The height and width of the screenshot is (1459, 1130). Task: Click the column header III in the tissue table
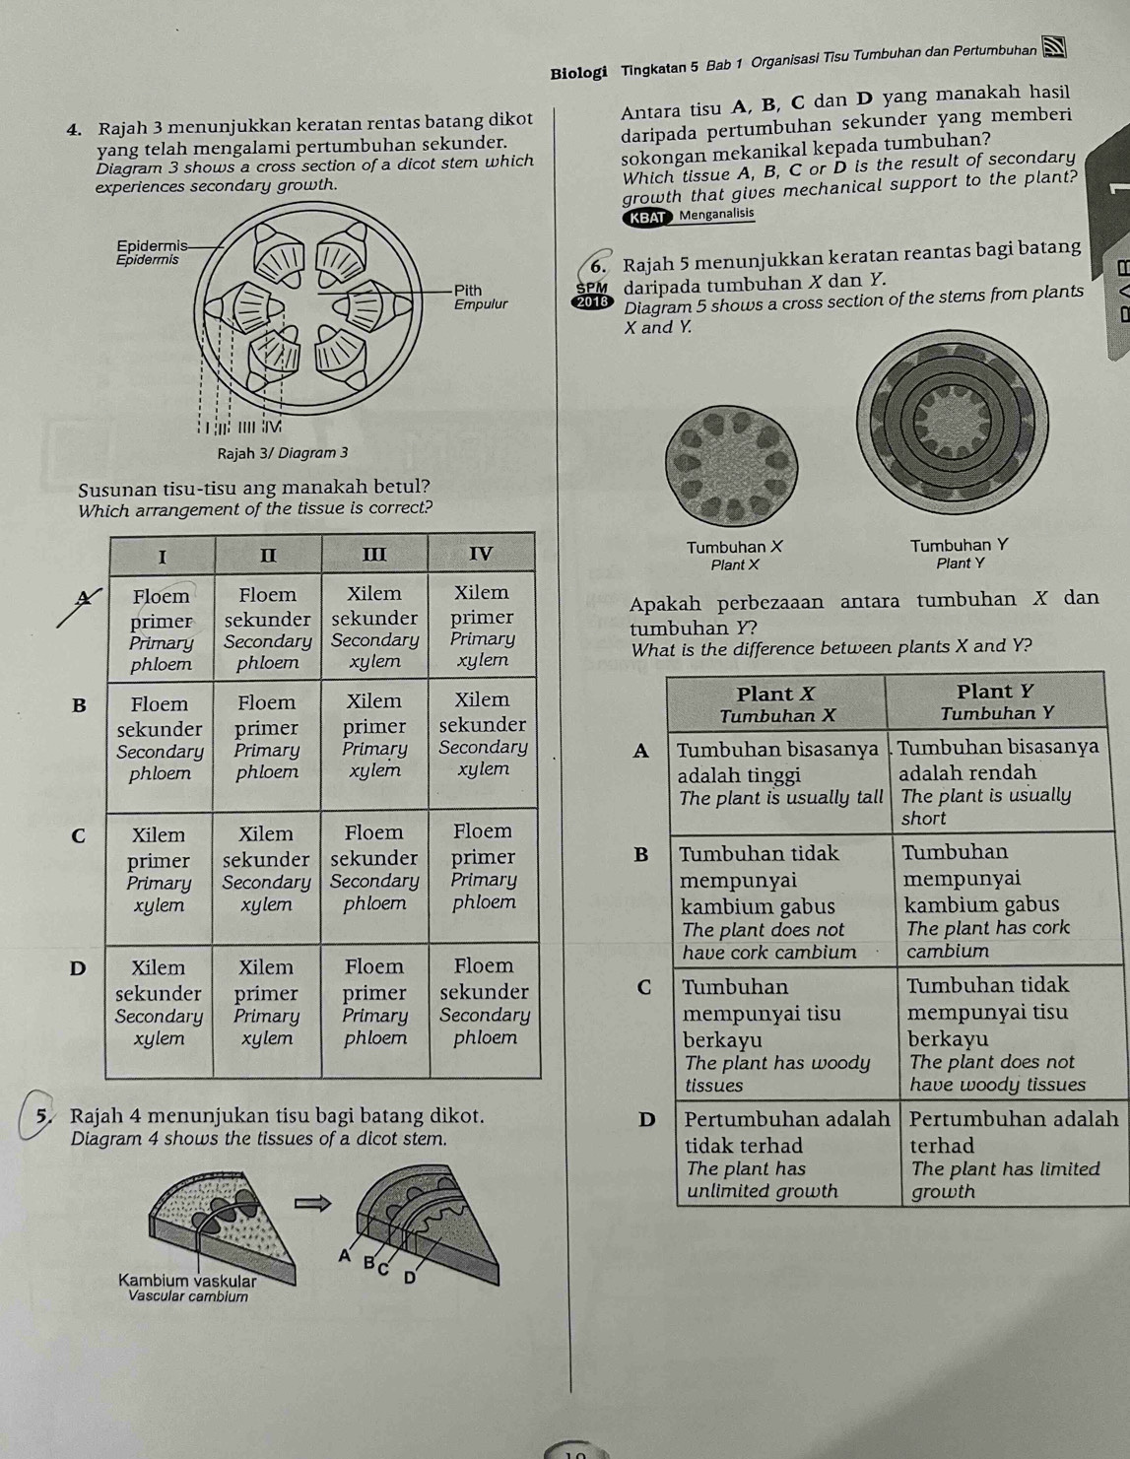click(374, 554)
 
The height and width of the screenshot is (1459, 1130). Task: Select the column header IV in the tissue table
click(480, 553)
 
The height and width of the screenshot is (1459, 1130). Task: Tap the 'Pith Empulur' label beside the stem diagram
click(479, 298)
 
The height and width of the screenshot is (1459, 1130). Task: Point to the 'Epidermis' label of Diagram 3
click(150, 251)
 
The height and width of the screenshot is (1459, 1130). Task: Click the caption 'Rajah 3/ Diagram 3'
click(283, 452)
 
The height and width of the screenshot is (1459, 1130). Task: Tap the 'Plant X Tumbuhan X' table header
click(777, 703)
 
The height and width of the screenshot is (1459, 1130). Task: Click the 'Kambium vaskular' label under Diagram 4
click(187, 1288)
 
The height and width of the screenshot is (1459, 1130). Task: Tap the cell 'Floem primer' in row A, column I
click(161, 630)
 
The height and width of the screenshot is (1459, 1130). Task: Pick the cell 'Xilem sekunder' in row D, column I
click(159, 1003)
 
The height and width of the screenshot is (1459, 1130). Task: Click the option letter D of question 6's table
click(646, 1119)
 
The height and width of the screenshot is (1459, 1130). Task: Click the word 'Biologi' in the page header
click(578, 72)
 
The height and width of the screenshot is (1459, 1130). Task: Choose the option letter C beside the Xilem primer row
click(78, 835)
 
